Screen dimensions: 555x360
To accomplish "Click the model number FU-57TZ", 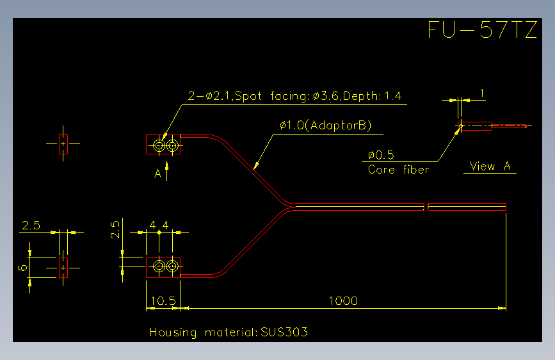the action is coord(483,29).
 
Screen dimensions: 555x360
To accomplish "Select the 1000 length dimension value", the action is coord(343,301).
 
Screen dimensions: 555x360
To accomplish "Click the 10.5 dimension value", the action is coord(163,301).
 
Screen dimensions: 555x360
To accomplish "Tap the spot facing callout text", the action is coord(295,95).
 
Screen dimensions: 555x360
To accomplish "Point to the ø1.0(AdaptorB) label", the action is coord(325,126).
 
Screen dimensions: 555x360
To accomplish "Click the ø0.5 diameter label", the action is coord(381,155).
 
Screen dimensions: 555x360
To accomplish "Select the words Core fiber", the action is coord(399,169).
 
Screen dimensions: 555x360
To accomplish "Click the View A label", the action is coord(490,166).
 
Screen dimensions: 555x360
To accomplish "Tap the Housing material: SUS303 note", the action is coord(229,332).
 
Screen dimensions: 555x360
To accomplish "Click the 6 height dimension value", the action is coord(22,267).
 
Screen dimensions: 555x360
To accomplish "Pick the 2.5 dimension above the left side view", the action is coord(31,225).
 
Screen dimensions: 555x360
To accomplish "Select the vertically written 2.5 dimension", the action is coord(115,230).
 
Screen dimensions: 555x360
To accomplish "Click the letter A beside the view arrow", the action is coord(158,173).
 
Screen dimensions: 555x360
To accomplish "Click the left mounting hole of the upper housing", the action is coord(159,145).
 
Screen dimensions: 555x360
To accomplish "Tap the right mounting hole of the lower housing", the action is coord(172,266).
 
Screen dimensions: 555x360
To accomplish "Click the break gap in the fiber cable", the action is coord(426,207).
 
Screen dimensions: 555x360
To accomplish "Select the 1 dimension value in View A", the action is coord(482,93).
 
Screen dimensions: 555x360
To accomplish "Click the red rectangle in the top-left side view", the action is coord(63,144).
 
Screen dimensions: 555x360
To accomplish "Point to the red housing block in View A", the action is coord(475,126).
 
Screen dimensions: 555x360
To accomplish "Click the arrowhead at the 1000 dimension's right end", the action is coord(503,308).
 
